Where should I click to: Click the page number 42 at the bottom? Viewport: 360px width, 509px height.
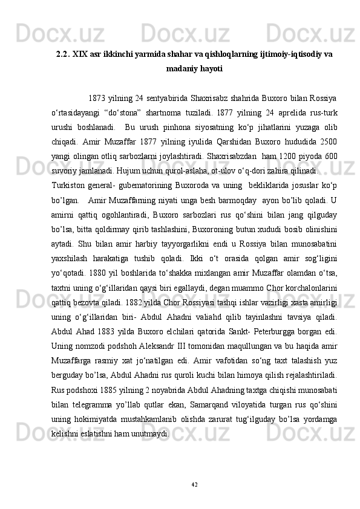(194, 483)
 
